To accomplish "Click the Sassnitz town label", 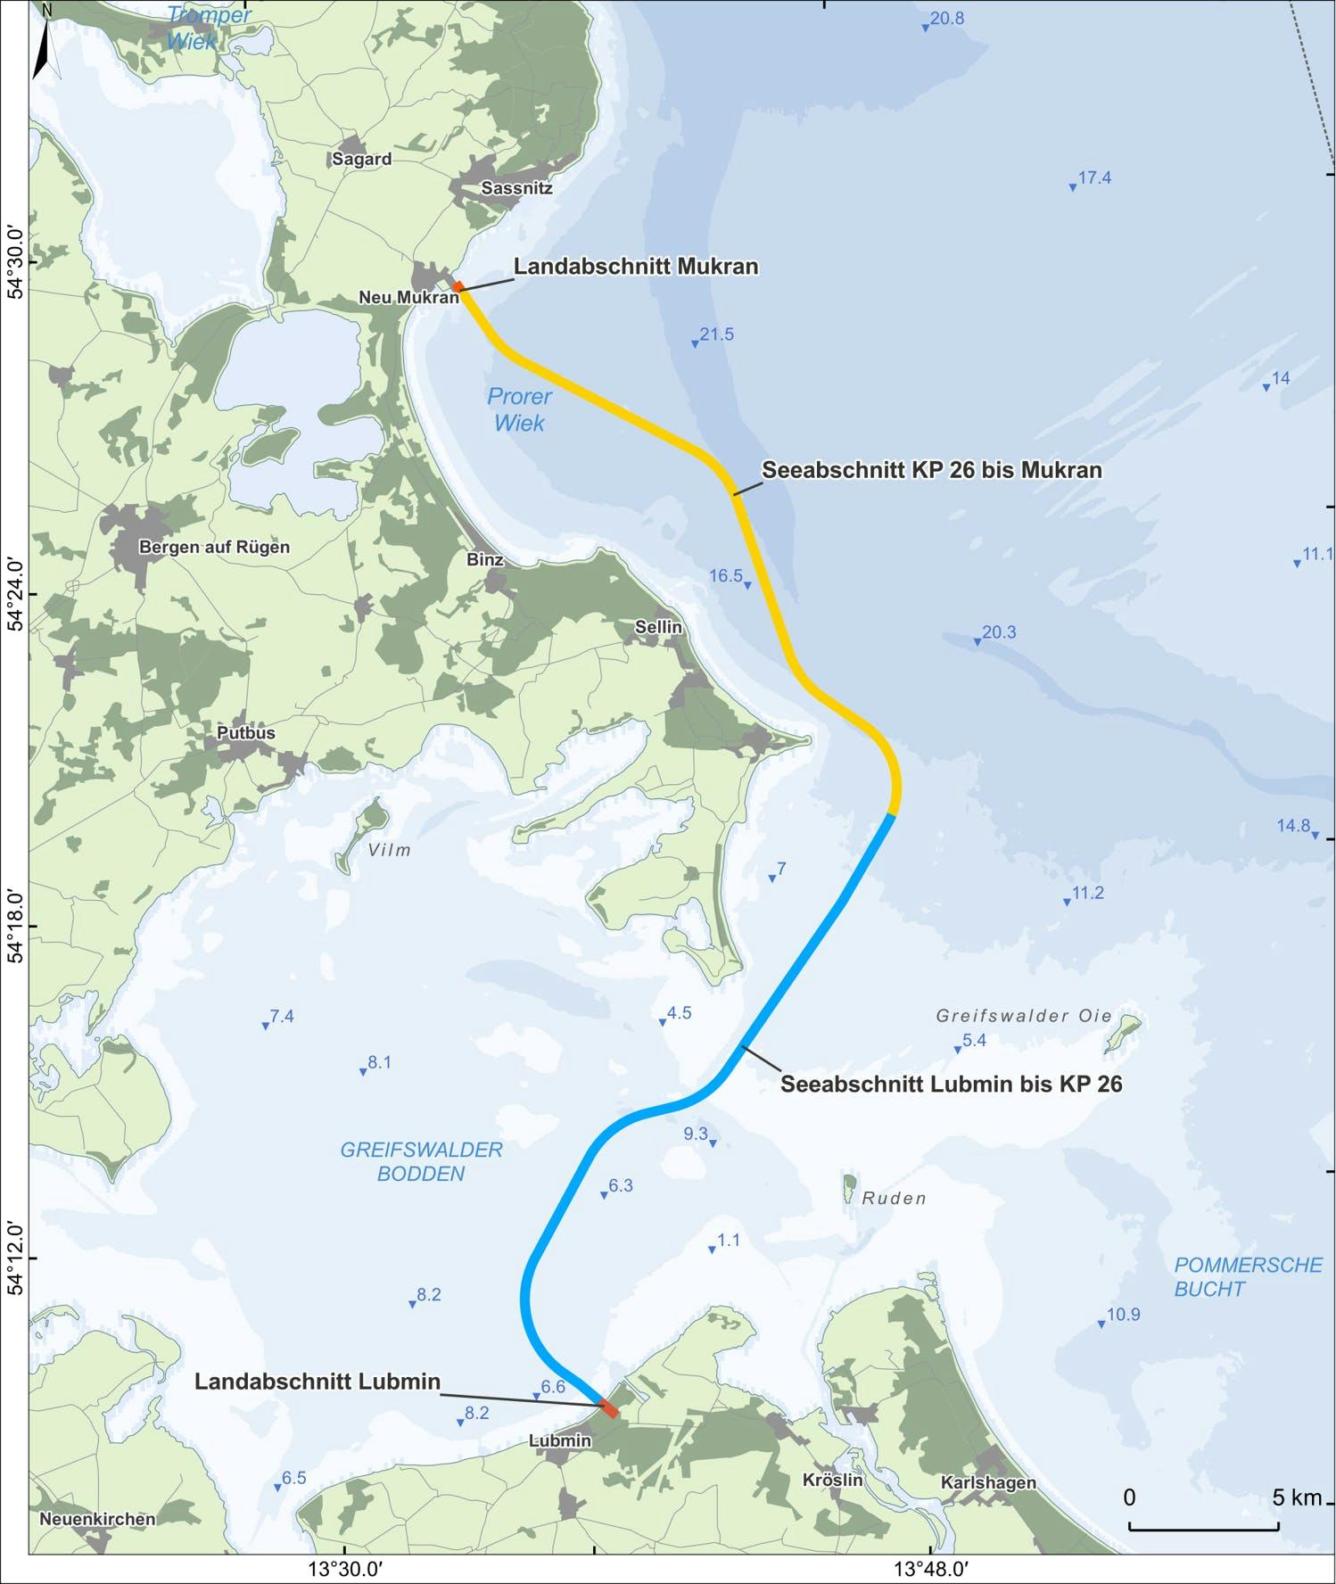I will [516, 188].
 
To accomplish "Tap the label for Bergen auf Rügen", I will [214, 547].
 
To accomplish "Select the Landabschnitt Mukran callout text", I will [636, 267].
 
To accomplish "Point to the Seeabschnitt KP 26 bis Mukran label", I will [931, 470].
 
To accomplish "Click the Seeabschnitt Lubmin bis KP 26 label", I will [951, 1084].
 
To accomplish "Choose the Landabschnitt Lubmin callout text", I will [318, 1381].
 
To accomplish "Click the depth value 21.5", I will [716, 334].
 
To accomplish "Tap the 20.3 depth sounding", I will [999, 632].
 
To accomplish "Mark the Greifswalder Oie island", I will [1123, 1033].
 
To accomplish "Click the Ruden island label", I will [894, 1198].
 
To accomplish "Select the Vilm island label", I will [390, 850].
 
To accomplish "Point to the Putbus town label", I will [246, 733].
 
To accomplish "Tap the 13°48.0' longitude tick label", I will [930, 1568].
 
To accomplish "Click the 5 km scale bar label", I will [1296, 1497].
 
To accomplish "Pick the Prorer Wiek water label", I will [519, 409].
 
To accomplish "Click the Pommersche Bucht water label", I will [1248, 1276].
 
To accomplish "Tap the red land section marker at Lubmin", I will [608, 1409].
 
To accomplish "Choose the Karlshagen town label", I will [988, 1482].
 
